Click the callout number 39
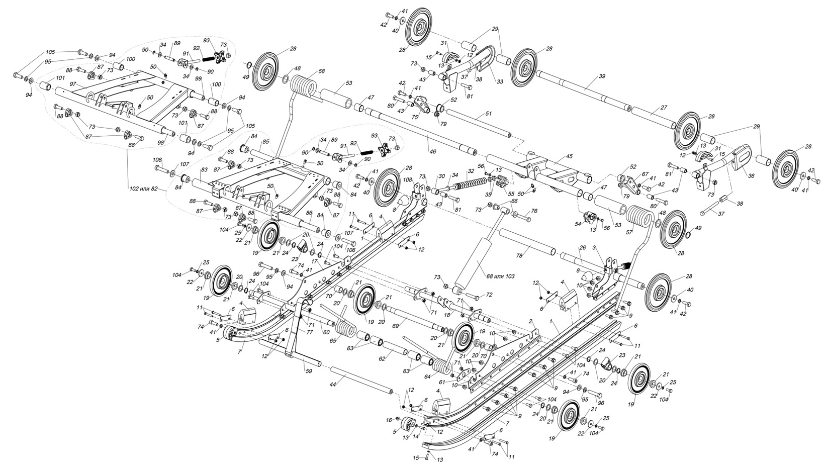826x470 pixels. (x=602, y=76)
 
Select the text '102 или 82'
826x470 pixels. (x=145, y=189)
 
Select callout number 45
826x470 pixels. (x=569, y=156)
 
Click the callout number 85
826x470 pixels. (x=266, y=142)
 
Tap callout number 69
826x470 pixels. (x=395, y=326)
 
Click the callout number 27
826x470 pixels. (x=663, y=108)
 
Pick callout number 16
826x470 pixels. (x=389, y=419)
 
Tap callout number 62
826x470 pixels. (x=382, y=358)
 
